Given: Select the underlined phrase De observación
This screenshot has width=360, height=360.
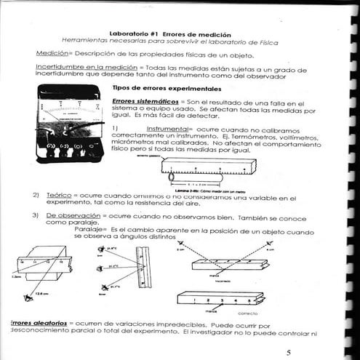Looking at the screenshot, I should tap(72, 216).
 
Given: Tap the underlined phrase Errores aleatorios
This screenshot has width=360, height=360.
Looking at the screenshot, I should tap(35, 321).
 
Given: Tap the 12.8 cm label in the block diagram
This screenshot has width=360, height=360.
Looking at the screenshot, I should tap(41, 294).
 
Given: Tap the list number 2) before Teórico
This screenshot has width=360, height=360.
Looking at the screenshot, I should tap(34, 196).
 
